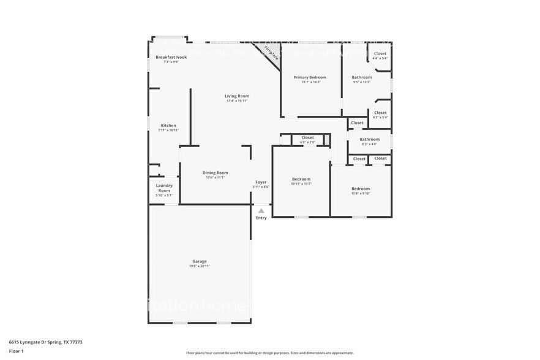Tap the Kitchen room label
(x=168, y=126)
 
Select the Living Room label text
(x=237, y=96)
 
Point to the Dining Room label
(x=215, y=173)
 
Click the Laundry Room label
(x=164, y=188)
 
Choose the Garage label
(x=200, y=261)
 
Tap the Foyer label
(x=261, y=182)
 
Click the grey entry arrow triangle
(x=261, y=211)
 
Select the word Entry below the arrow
(x=261, y=218)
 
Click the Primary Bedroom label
(x=310, y=78)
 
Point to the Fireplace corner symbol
(x=269, y=51)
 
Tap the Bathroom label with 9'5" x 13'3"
(x=361, y=78)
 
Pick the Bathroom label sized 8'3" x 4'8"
(x=369, y=140)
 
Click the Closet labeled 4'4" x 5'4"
(x=380, y=54)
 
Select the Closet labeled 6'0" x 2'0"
(x=307, y=138)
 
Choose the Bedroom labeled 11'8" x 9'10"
(x=360, y=189)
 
